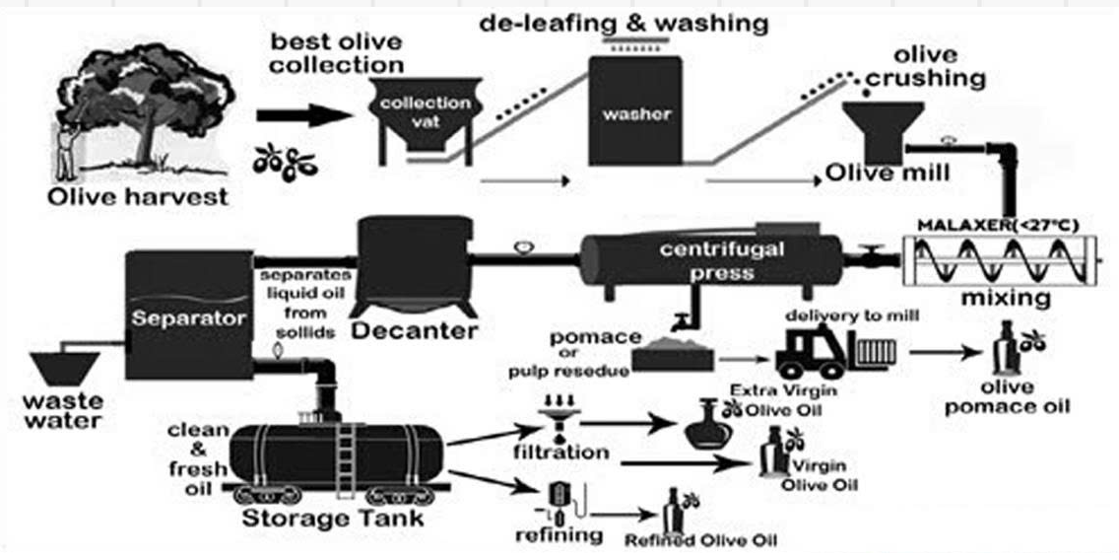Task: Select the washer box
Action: coord(635,110)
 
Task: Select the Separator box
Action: coord(188,315)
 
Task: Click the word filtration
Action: coord(560,454)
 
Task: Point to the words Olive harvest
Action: coord(139,197)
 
